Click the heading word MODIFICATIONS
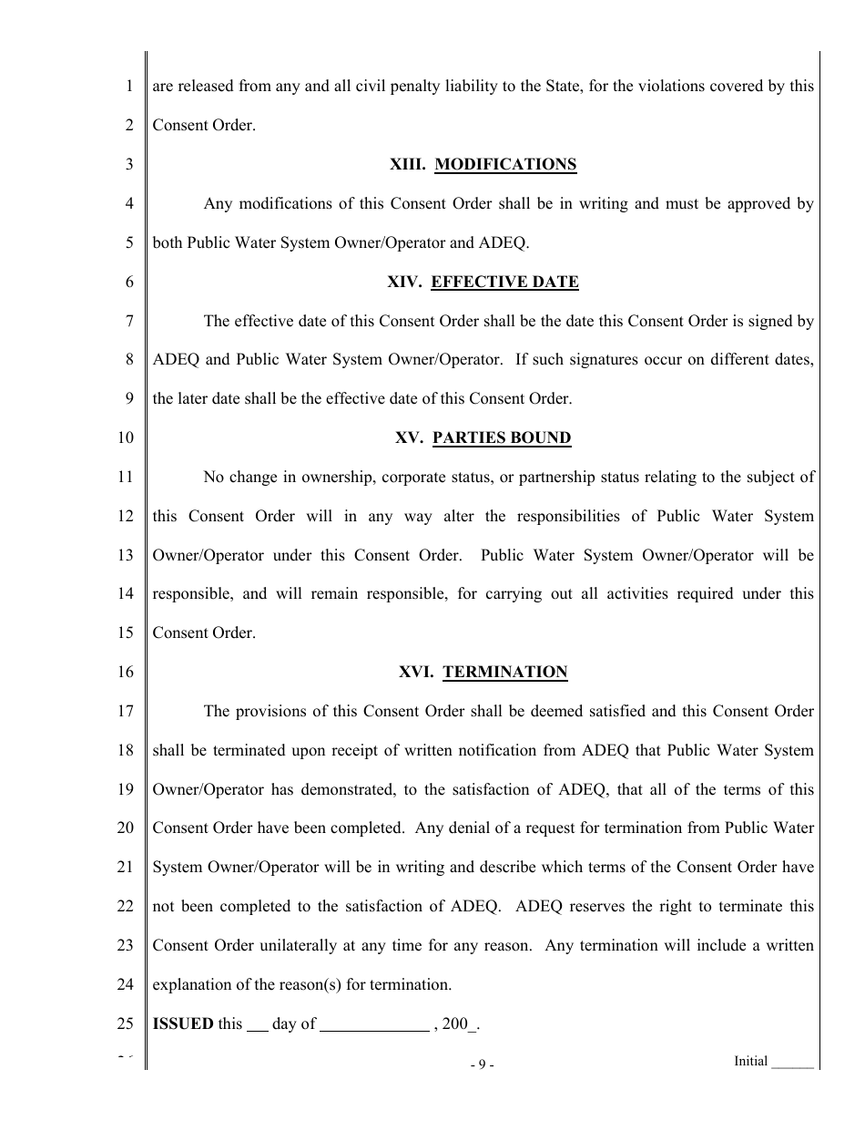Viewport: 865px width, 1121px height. (x=505, y=165)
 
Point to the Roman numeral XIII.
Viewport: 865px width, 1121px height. (x=407, y=165)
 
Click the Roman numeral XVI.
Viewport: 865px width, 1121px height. (x=415, y=673)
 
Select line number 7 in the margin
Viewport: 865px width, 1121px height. (x=129, y=321)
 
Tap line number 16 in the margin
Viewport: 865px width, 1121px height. (x=126, y=673)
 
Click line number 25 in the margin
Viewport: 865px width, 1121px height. (x=126, y=1023)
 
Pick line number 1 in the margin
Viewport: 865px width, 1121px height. (x=129, y=87)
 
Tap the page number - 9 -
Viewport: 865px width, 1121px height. (x=482, y=1064)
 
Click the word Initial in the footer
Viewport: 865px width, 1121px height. (x=750, y=1061)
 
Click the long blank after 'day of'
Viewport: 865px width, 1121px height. (x=374, y=1024)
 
